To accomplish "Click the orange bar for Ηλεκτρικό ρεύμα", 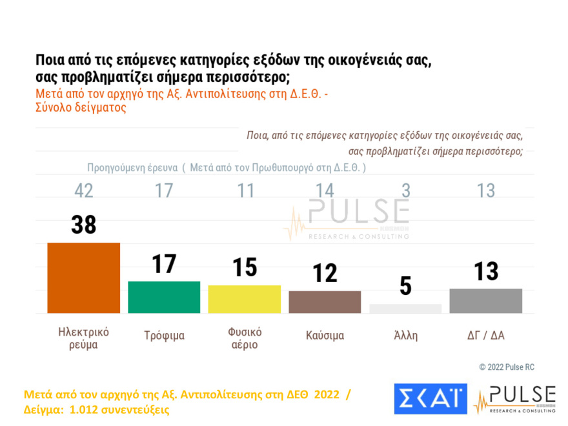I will [84, 278].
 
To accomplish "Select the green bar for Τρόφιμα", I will [164, 297].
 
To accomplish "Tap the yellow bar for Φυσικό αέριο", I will [244, 299].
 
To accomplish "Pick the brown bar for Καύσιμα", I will [324, 301].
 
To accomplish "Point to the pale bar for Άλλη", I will [405, 309].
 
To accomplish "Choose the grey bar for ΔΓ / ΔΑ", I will [485, 301].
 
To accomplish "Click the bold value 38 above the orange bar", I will [84, 225].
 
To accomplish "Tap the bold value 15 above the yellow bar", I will [245, 267].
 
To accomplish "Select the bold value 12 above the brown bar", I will [325, 273].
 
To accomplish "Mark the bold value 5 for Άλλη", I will [405, 286].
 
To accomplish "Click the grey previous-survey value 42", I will [84, 191].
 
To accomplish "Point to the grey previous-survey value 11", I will [245, 191].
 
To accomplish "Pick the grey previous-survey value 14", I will [325, 191].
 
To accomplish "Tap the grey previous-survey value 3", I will [405, 191].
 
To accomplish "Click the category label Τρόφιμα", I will [164, 336].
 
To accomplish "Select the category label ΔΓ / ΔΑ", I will [485, 336].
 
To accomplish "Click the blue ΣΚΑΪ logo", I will [430, 399].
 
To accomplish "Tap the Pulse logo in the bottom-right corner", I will [514, 399].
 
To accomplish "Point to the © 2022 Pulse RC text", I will [507, 367].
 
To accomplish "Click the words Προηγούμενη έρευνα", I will [132, 168].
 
